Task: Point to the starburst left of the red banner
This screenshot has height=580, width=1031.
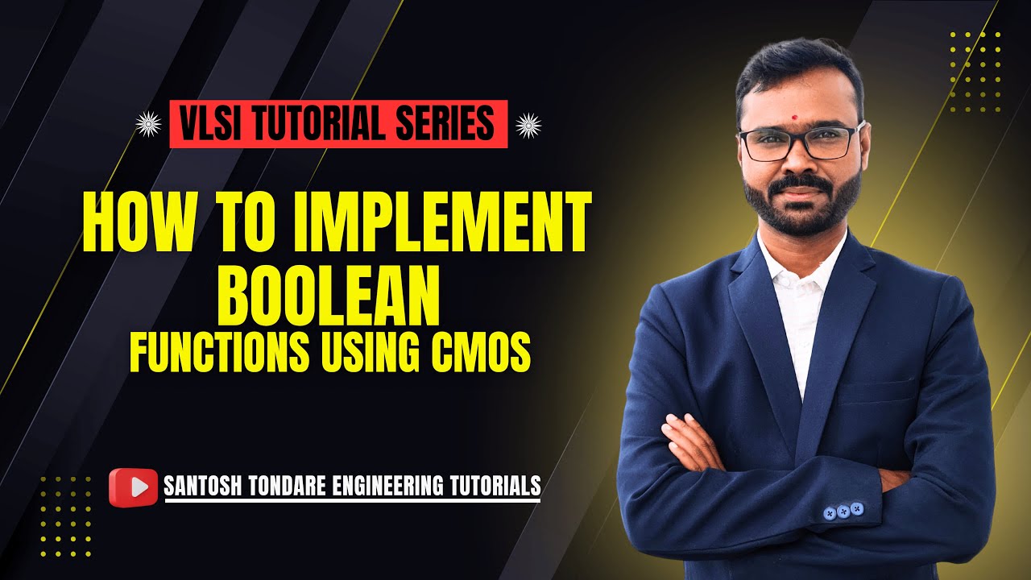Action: pos(148,124)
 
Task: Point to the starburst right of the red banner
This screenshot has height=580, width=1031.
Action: pos(528,124)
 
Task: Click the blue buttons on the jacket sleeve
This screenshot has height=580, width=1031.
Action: pos(843,511)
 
